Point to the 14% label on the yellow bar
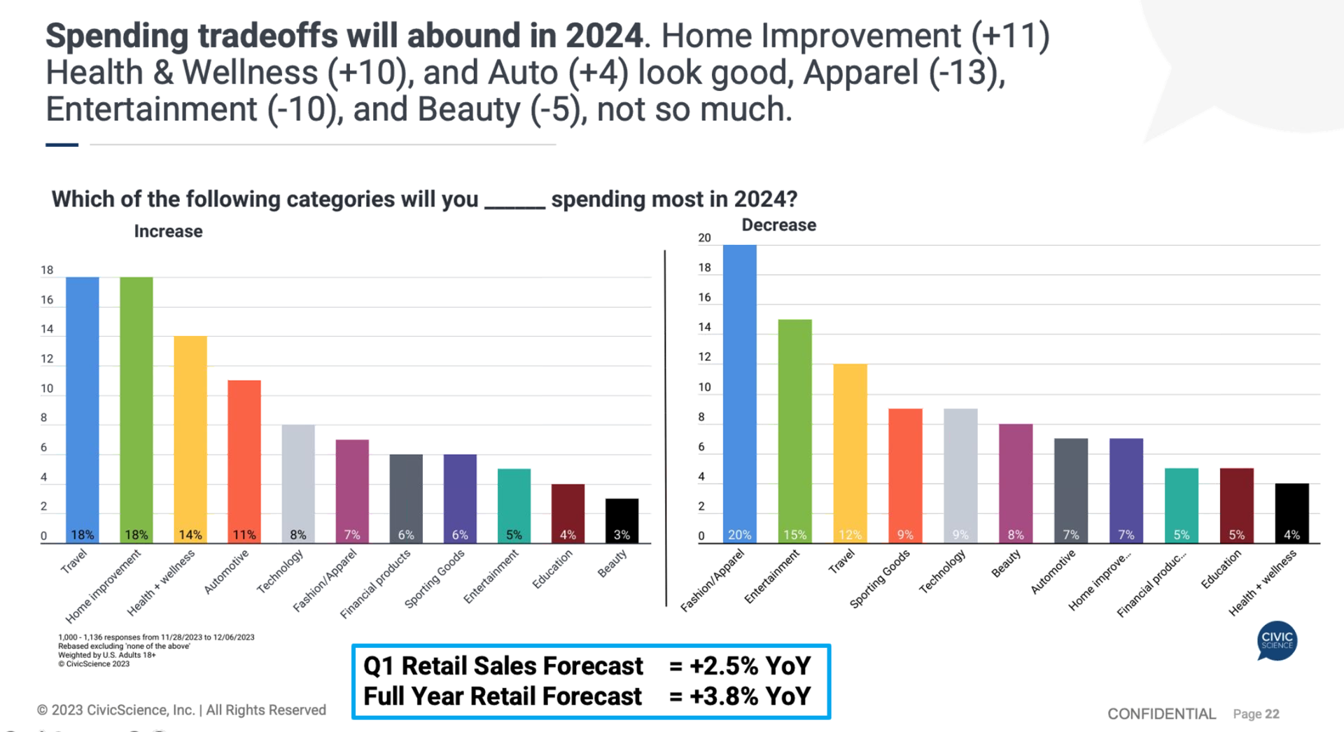point(190,535)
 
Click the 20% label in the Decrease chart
point(739,535)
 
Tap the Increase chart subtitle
point(168,232)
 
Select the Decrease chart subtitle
point(778,225)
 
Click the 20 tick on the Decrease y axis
point(704,238)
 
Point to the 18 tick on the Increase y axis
point(47,270)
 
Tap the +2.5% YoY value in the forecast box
point(750,666)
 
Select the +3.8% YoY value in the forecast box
point(750,696)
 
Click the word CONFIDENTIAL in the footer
point(1161,714)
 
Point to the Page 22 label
point(1256,714)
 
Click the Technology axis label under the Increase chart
point(281,571)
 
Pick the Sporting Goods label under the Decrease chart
point(880,578)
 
